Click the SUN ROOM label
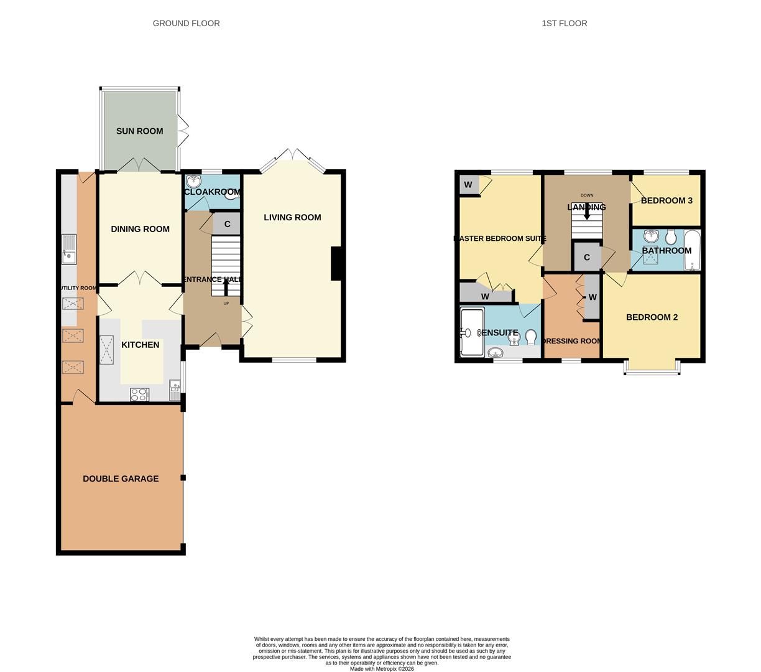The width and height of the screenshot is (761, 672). click(x=139, y=131)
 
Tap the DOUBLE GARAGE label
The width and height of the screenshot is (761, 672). click(x=121, y=478)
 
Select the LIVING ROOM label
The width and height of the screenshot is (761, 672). click(x=292, y=217)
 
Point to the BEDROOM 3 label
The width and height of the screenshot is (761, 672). click(x=666, y=200)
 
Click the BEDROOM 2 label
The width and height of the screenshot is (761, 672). click(x=652, y=317)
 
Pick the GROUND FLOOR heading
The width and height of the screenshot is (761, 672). click(x=186, y=24)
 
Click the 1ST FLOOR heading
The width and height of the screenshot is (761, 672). click(x=564, y=24)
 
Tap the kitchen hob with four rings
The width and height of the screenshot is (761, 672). click(x=139, y=394)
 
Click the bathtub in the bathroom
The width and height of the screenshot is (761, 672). click(x=692, y=250)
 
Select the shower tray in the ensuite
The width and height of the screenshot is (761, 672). click(x=472, y=332)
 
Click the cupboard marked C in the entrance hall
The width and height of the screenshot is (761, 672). click(x=227, y=224)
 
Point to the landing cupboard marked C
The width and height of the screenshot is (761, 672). click(x=586, y=258)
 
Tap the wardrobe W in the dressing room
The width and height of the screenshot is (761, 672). click(x=593, y=297)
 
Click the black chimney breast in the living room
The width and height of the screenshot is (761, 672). click(x=337, y=263)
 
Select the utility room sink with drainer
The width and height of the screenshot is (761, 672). click(x=69, y=250)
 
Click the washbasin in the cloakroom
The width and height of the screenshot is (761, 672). click(x=194, y=182)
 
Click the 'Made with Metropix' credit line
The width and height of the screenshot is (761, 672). click(x=382, y=669)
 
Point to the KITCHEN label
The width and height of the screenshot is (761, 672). click(x=140, y=345)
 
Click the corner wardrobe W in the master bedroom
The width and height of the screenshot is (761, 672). click(x=468, y=185)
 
